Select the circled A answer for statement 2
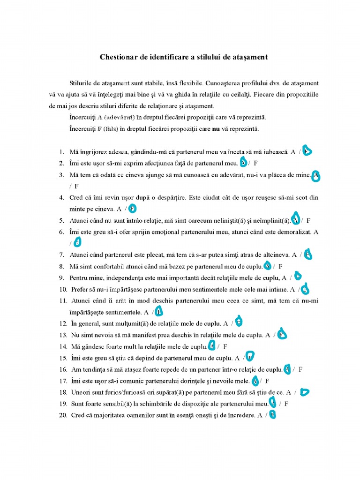tap(243, 163)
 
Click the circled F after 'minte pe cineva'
tap(133, 209)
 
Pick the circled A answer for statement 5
tap(296, 220)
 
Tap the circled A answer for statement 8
tap(267, 266)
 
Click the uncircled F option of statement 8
tap(280, 266)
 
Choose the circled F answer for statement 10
tap(305, 289)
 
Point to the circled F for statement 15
tap(250, 358)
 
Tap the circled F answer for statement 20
tap(272, 415)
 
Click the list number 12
tap(63, 323)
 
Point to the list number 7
tap(61, 255)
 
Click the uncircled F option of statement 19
tap(286, 403)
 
